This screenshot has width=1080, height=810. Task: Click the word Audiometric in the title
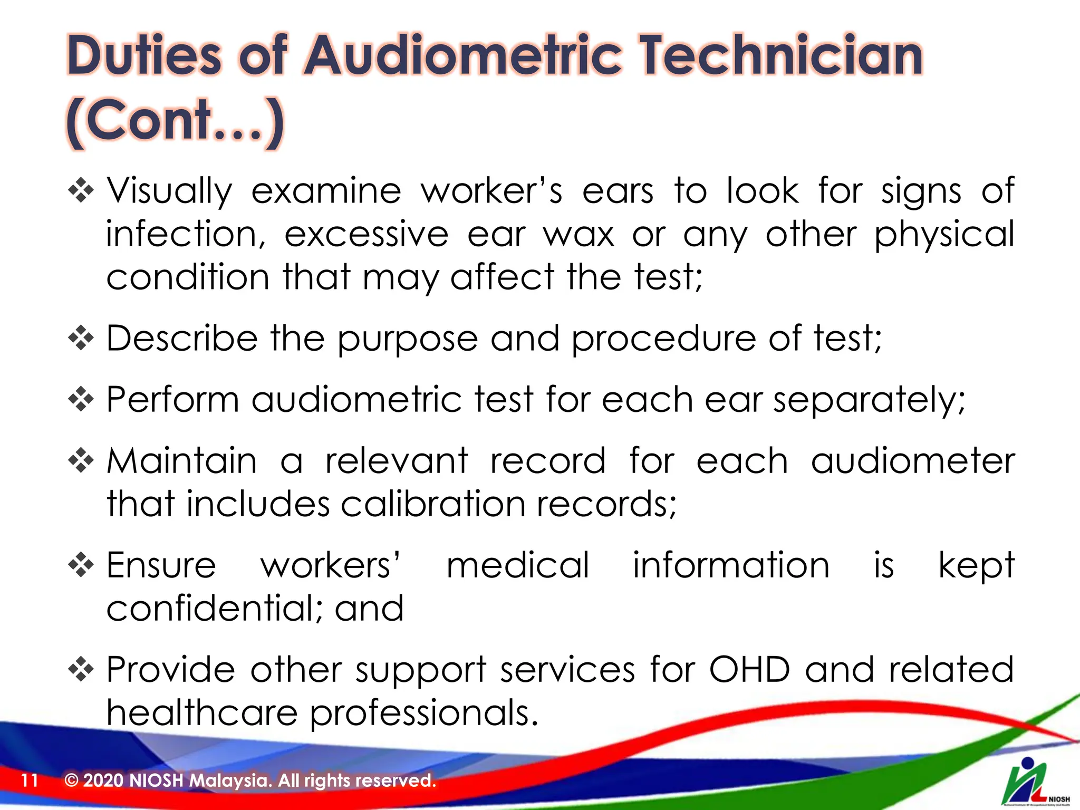464,55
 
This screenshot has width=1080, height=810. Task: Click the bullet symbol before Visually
81,191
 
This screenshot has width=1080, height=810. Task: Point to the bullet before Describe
81,338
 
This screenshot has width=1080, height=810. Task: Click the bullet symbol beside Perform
81,399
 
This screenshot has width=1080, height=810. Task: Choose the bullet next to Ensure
81,565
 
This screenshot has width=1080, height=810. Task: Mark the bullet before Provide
81,669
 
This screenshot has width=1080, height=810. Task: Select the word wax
578,235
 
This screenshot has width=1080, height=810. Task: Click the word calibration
433,504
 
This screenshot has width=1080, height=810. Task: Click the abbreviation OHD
749,670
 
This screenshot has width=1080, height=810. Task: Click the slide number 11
30,780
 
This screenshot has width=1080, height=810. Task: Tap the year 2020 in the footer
103,780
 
